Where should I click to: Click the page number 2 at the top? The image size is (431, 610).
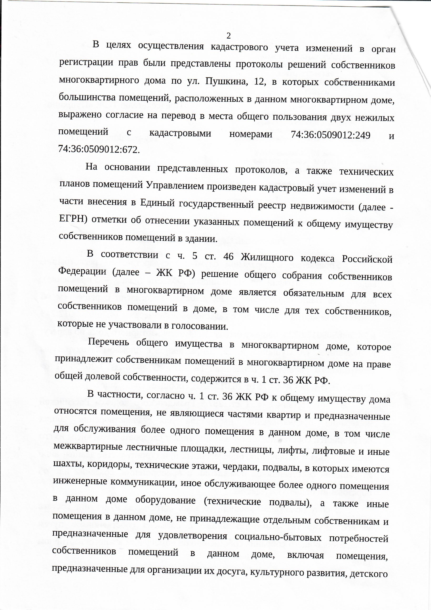229,35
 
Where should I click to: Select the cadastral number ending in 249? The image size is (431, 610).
331,135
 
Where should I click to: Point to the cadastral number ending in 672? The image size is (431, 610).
99,150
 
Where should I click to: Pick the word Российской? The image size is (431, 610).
367,259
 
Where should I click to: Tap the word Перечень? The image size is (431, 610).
108,342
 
